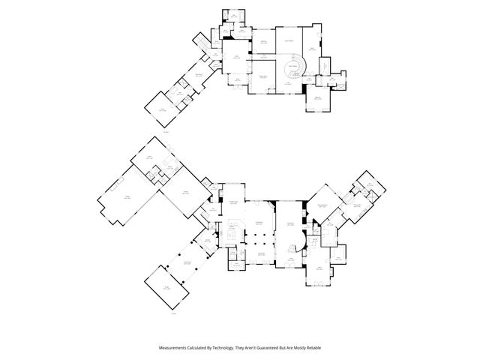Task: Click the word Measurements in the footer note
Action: [173, 347]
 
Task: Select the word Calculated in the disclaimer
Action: [201, 347]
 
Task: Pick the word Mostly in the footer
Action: [318, 347]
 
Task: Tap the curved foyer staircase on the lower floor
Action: [298, 247]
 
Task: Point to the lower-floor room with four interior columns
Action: [260, 240]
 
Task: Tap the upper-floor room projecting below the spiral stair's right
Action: [317, 100]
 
